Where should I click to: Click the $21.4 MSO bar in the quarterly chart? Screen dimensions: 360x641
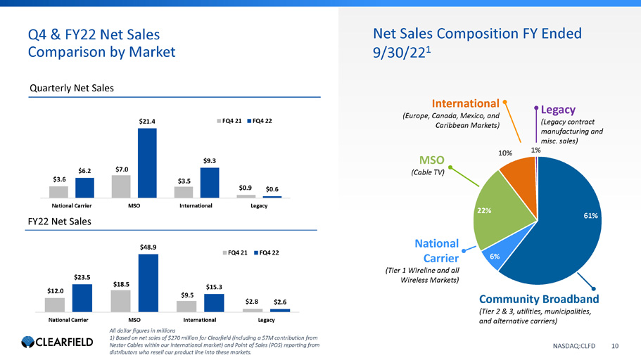pos(147,162)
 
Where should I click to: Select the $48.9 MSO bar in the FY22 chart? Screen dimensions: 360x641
pos(148,283)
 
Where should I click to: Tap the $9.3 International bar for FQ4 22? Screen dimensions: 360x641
pos(210,183)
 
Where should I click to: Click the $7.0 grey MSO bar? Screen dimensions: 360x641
pos(121,186)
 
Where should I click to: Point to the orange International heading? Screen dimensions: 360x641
pos(466,104)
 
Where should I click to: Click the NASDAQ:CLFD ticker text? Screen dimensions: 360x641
pos(579,345)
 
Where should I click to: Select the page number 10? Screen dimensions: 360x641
pos(615,345)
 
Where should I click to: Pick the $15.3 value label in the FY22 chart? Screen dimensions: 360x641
pos(215,286)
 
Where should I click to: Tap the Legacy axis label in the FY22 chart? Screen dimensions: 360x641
pos(265,320)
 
